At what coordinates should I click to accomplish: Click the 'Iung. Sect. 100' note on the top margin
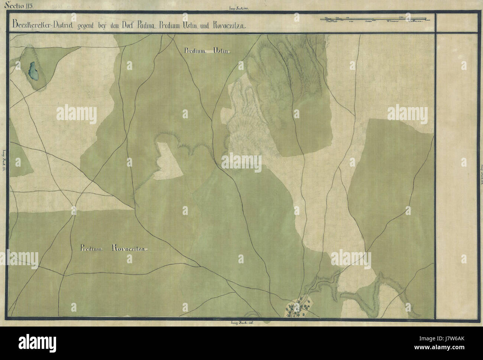[x=241, y=8]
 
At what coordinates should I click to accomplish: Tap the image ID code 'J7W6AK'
[x=453, y=341]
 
